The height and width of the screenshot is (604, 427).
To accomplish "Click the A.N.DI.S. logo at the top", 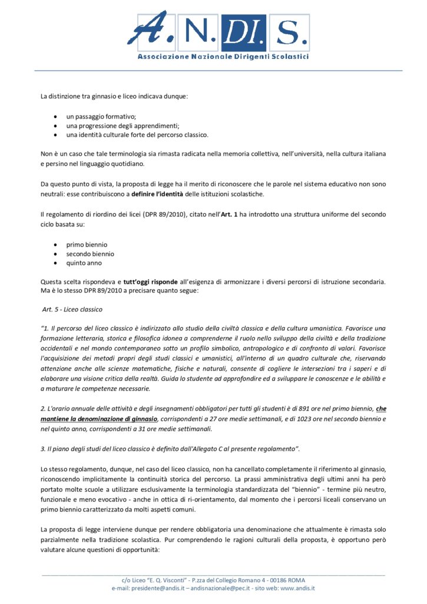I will point(218,31).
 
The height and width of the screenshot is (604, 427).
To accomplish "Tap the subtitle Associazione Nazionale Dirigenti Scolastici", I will point(223,57).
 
